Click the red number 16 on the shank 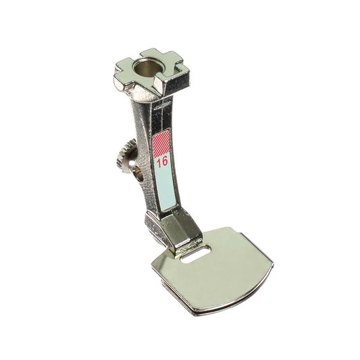tap(162, 161)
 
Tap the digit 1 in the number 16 tap(159, 162)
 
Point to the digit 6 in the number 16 tap(165, 161)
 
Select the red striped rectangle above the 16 tap(161, 143)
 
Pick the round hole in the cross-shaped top tap(147, 68)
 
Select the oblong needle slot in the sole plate tap(196, 255)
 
